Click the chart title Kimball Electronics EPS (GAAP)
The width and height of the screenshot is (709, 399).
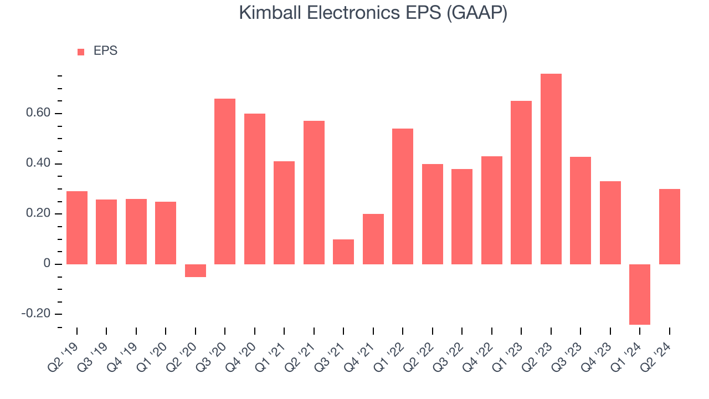(373, 12)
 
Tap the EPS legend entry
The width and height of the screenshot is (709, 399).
(97, 52)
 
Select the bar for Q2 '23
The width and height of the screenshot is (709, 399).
(551, 169)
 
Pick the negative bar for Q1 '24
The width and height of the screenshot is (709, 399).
(640, 294)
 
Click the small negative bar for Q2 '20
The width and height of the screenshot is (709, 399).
(196, 270)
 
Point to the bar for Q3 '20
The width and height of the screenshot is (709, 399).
(225, 181)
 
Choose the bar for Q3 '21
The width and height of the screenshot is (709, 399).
(343, 252)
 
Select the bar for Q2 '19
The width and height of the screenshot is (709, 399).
(77, 228)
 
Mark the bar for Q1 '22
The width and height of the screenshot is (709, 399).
(403, 196)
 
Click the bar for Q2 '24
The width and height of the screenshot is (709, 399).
(670, 227)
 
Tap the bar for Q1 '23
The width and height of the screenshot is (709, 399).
(521, 182)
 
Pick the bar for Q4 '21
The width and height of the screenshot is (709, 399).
(373, 239)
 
